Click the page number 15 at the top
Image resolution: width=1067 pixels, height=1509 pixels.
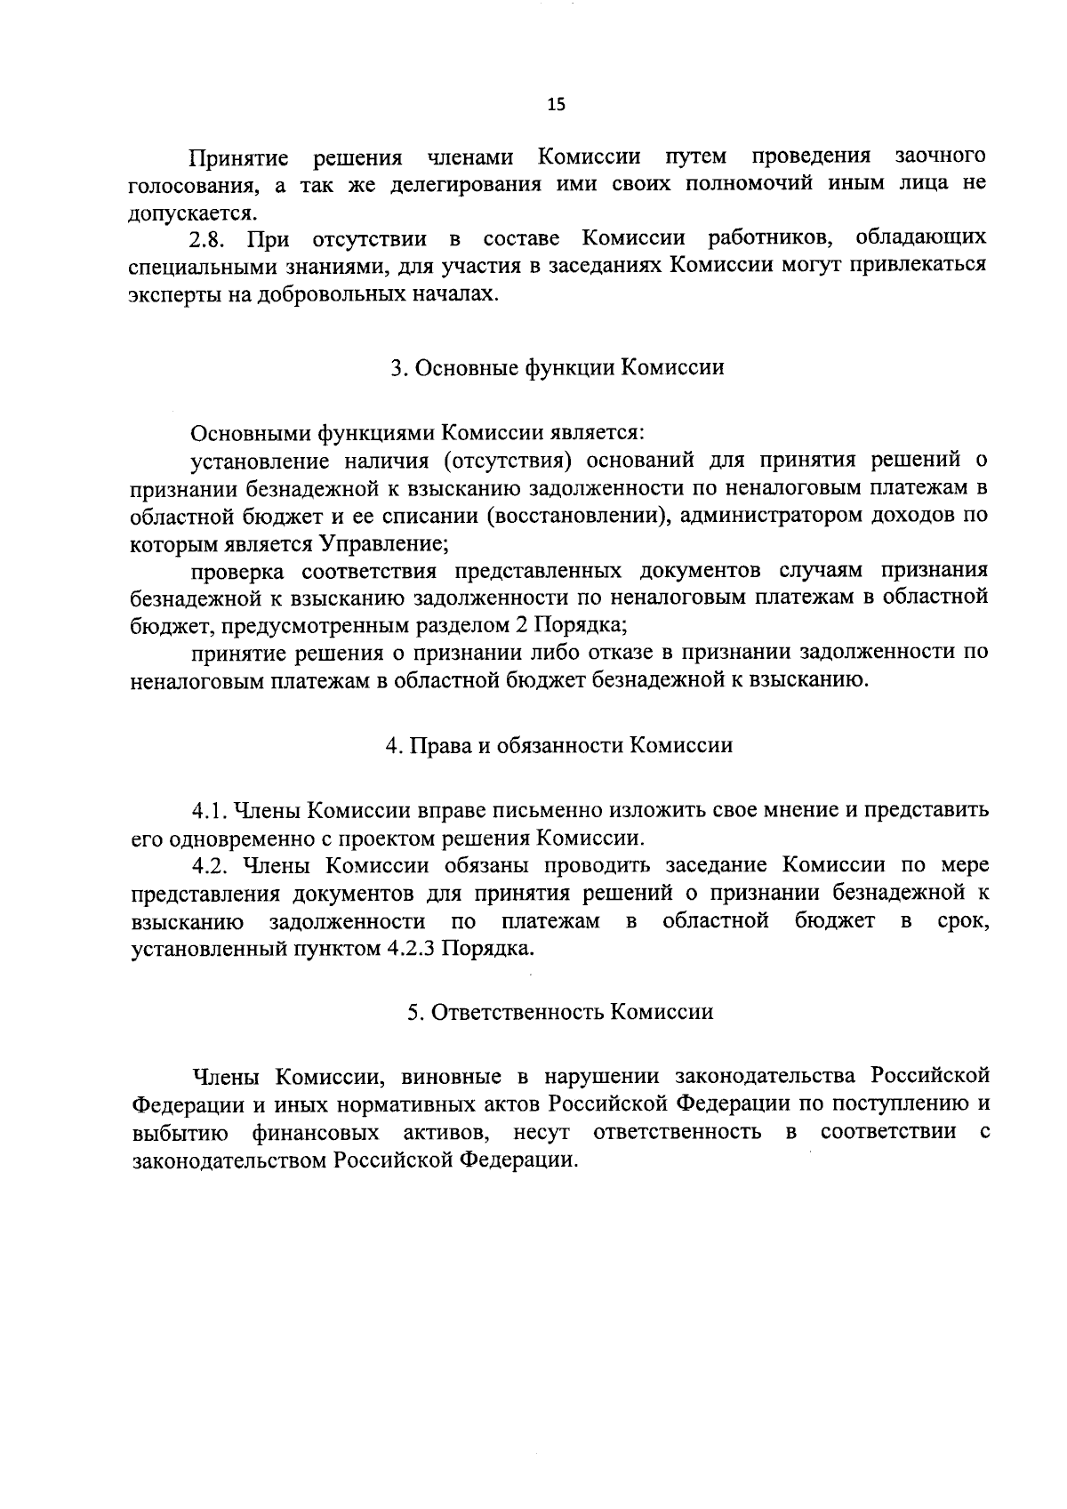click(x=556, y=104)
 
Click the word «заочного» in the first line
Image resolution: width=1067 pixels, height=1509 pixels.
click(x=940, y=157)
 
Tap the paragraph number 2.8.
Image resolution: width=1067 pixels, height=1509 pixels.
click(x=209, y=239)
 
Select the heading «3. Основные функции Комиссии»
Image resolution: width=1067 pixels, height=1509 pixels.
click(x=558, y=367)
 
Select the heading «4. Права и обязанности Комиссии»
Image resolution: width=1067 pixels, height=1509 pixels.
click(x=558, y=745)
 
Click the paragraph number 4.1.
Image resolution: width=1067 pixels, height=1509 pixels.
click(x=210, y=811)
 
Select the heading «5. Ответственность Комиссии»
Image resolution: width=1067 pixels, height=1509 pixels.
click(x=560, y=1012)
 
